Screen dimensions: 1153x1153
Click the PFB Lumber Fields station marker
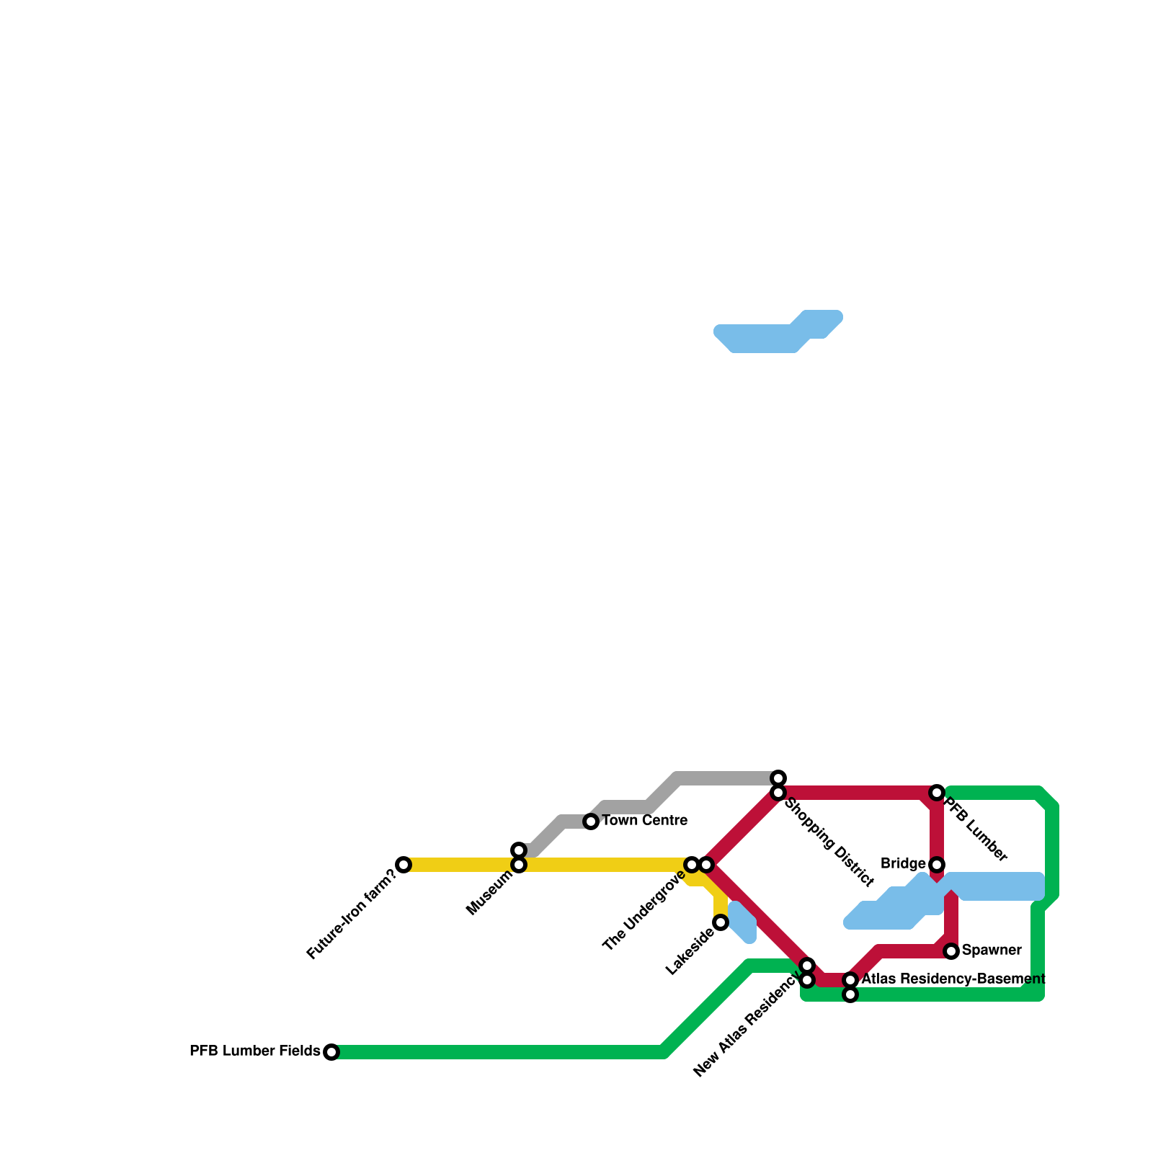pos(331,1052)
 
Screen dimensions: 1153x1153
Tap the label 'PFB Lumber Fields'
pos(255,1051)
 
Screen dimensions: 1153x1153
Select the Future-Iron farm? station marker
pos(404,865)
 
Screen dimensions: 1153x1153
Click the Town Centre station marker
pos(591,822)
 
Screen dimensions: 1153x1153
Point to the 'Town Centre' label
pos(644,821)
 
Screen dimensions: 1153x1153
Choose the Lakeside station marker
pos(721,922)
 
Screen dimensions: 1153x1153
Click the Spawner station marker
pos(951,951)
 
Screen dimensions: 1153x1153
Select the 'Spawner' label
pos(992,951)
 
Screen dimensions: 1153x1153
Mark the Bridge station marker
pos(937,865)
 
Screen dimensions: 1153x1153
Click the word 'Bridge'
pos(903,864)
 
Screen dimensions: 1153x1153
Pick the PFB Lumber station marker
pos(937,793)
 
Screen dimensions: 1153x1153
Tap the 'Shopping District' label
pos(829,842)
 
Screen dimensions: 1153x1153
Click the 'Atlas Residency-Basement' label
pos(953,979)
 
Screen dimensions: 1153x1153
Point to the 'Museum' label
pos(490,894)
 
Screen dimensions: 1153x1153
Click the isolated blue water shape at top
pos(778,331)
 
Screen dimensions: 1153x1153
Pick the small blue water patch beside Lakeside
pos(742,922)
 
